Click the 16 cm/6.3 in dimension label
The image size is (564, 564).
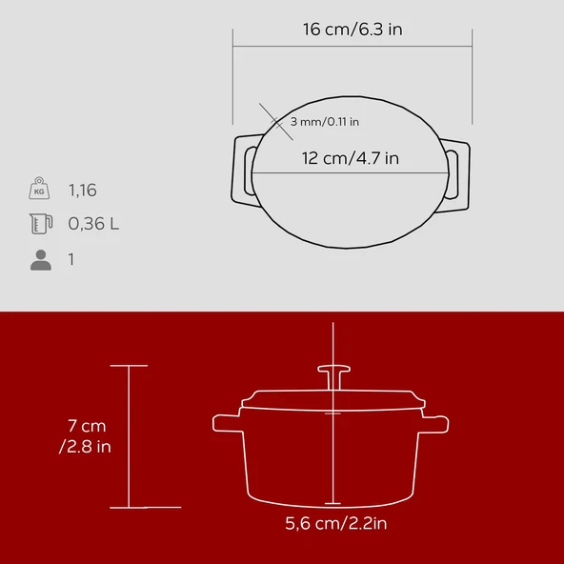pyautogui.click(x=352, y=29)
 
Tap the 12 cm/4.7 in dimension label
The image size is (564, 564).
pyautogui.click(x=351, y=158)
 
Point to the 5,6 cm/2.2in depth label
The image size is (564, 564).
pyautogui.click(x=335, y=522)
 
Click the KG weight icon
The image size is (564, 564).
pyautogui.click(x=39, y=190)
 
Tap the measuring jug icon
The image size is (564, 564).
pyautogui.click(x=39, y=224)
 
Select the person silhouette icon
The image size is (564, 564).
pyautogui.click(x=40, y=259)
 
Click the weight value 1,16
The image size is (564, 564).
pyautogui.click(x=83, y=191)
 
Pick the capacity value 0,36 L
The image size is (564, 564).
pyautogui.click(x=93, y=225)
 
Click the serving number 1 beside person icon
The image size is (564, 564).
pyautogui.click(x=71, y=259)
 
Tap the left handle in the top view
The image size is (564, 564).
pyautogui.click(x=243, y=172)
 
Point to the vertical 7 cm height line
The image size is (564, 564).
pyautogui.click(x=129, y=435)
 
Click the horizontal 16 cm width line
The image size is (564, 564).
pyautogui.click(x=352, y=45)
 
